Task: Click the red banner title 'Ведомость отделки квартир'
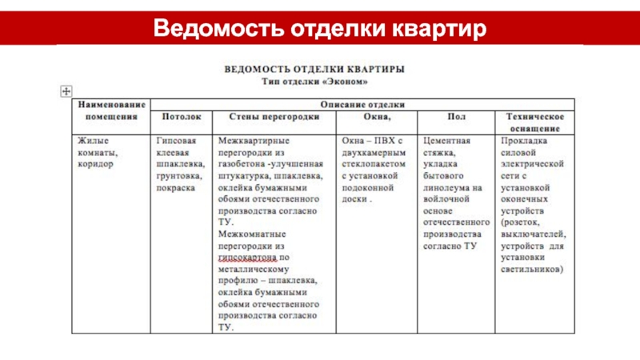320,28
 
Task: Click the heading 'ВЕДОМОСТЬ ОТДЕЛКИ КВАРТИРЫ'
313,69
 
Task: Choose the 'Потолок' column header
182,117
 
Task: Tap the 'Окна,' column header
377,117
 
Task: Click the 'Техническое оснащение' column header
534,122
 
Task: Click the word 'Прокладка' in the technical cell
525,140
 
